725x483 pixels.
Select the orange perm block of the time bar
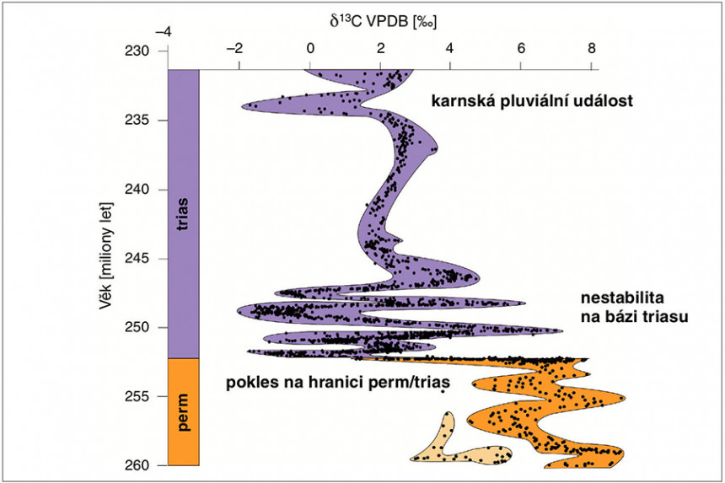pyautogui.click(x=183, y=411)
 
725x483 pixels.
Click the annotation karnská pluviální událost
pyautogui.click(x=532, y=102)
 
